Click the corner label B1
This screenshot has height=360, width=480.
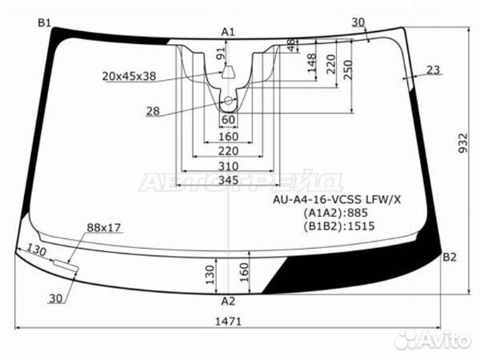coord(44,23)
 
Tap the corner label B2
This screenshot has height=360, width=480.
coord(450,258)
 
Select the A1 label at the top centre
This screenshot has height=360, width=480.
coord(228,32)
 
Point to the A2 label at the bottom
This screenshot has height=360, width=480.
coord(228,302)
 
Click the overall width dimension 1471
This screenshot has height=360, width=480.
coord(228,322)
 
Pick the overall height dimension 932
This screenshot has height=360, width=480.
coord(463,142)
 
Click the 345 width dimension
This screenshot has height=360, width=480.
coord(228,180)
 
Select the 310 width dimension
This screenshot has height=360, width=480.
coord(228,166)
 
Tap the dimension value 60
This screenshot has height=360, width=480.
coord(228,120)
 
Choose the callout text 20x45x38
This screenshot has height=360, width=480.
coord(129,76)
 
